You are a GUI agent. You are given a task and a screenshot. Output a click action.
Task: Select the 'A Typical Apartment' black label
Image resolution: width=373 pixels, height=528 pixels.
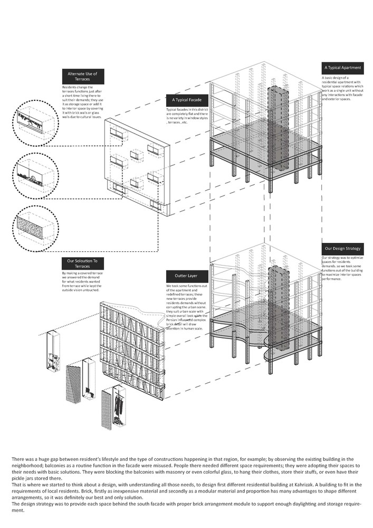[x=342, y=68]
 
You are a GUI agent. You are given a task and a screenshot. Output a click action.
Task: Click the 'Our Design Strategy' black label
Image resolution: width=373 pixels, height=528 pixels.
[x=342, y=247]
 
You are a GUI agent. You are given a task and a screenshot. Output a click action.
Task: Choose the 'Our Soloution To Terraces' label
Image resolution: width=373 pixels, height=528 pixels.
[x=83, y=263]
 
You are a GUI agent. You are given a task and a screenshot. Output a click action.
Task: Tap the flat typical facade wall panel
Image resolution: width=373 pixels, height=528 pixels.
[x=138, y=167]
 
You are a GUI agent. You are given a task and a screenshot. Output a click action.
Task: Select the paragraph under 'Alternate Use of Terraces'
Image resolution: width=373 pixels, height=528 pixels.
[x=82, y=100]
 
